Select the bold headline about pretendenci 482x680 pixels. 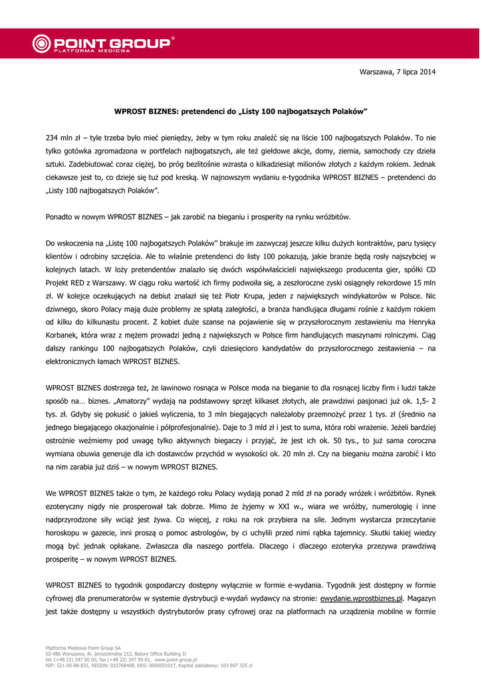(241, 112)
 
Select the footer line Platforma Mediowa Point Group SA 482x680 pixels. (83, 647)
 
